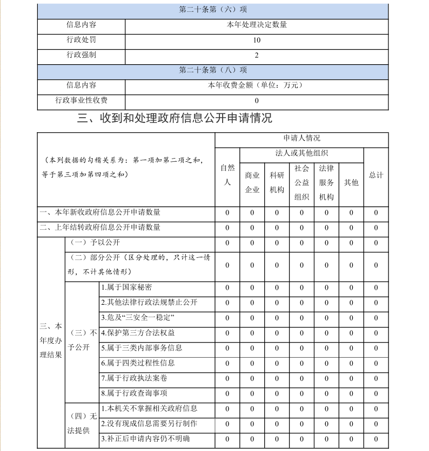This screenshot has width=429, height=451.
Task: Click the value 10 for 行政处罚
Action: pos(257,40)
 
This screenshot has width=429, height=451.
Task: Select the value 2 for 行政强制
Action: pos(257,55)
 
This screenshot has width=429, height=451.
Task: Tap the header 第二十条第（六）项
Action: pos(213,10)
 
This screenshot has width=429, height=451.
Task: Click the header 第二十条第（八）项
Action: pos(213,70)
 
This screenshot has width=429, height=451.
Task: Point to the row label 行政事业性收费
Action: pos(81,100)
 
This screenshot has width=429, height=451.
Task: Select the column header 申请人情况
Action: pos(301,139)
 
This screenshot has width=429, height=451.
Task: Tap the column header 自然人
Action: pos(227,175)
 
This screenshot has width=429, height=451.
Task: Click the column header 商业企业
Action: pos(252,182)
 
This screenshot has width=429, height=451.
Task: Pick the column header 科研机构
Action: pos(277,182)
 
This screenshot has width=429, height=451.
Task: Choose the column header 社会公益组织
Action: pos(301,182)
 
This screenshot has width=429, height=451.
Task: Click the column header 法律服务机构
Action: pos(326,182)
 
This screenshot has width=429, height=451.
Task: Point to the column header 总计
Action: pos(376,175)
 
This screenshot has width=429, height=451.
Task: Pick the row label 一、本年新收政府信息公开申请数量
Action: pos(100,213)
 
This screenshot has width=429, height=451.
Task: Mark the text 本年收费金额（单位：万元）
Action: pos(257,85)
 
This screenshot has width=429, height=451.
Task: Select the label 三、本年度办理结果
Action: pos(51,340)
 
